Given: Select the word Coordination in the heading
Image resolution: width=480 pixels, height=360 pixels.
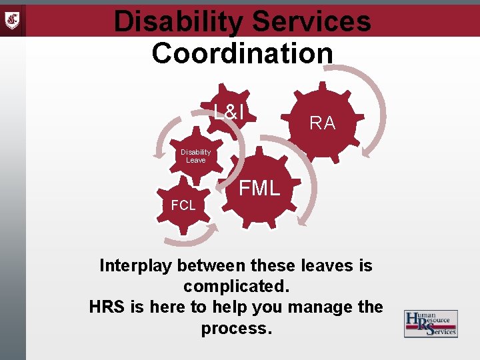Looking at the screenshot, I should (x=242, y=53).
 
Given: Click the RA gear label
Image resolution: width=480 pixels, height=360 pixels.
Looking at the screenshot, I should (x=323, y=123).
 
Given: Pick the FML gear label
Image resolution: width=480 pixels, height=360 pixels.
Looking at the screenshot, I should (x=260, y=189).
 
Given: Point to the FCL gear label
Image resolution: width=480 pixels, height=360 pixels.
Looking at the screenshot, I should (x=183, y=206).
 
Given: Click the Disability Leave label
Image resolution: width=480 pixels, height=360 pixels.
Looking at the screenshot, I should (x=196, y=156).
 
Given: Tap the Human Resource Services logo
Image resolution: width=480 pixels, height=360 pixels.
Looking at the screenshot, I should (x=431, y=324).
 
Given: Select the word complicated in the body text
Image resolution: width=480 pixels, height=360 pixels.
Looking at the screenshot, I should (x=236, y=287).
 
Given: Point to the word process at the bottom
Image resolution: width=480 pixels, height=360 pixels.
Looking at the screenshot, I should (x=236, y=328).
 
